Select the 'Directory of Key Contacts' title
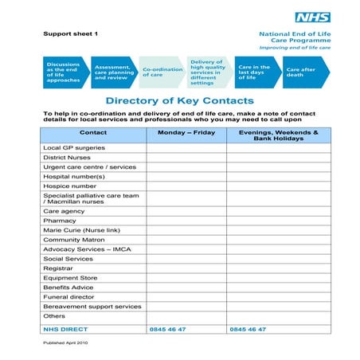pyautogui.click(x=179, y=101)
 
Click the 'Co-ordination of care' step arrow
pyautogui.click(x=162, y=72)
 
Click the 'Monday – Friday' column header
pyautogui.click(x=186, y=132)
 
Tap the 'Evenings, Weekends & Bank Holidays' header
pyautogui.click(x=273, y=135)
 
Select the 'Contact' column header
pyautogui.click(x=93, y=132)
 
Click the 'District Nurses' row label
pyautogui.click(x=66, y=158)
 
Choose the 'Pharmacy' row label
pyautogui.click(x=60, y=221)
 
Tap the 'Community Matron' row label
pyautogui.click(x=75, y=240)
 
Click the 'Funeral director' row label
pyautogui.click(x=68, y=297)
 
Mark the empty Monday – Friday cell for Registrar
pyautogui.click(x=186, y=268)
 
